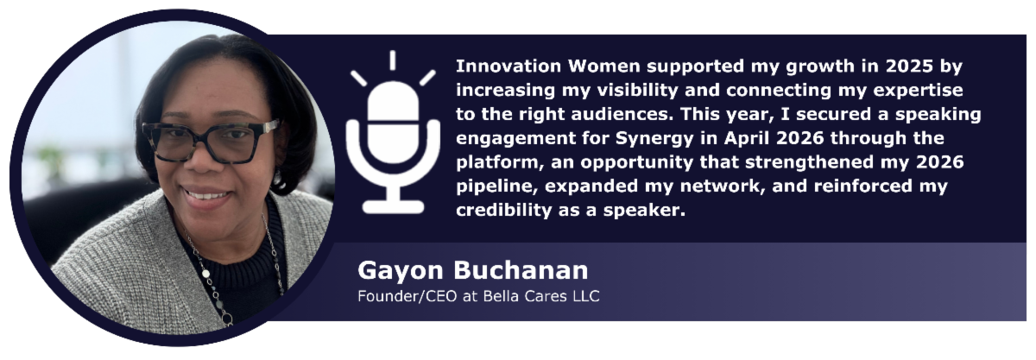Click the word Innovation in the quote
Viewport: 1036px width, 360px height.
click(509, 66)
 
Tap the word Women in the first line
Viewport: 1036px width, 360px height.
click(604, 66)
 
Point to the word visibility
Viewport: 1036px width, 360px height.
click(637, 91)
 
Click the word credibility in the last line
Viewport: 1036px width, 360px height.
click(504, 211)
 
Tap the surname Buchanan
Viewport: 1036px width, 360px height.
click(521, 270)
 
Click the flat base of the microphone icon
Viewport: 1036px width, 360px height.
click(393, 207)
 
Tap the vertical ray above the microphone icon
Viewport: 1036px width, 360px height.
click(393, 60)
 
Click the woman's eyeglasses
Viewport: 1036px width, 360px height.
click(211, 142)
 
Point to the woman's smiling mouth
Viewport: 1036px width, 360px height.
click(206, 195)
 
